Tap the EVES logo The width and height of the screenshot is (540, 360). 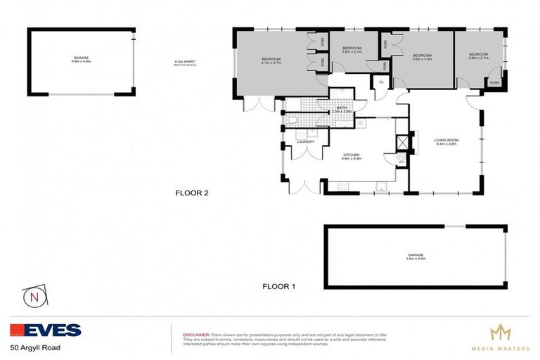tap(46, 330)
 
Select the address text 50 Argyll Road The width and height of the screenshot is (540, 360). tap(35, 347)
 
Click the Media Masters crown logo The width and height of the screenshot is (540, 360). tap(500, 333)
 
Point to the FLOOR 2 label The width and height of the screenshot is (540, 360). tap(192, 193)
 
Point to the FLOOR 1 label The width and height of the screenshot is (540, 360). tap(279, 286)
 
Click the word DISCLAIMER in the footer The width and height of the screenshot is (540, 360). tap(195, 335)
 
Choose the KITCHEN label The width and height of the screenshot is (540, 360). tap(352, 156)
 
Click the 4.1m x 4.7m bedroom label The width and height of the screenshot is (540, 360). tap(271, 60)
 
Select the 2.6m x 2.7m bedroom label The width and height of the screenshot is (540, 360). tap(352, 50)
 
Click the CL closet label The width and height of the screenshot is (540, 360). tap(381, 82)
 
